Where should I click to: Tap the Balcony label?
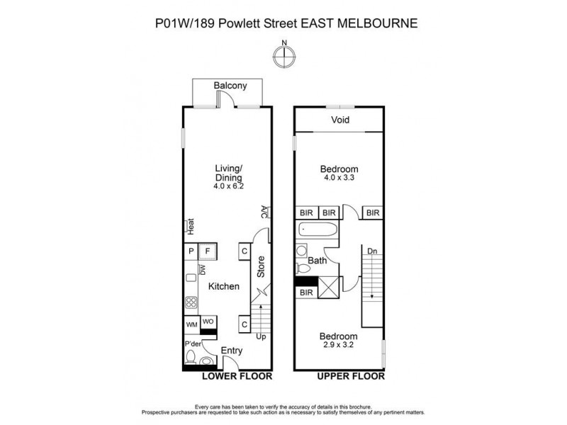tap(230, 86)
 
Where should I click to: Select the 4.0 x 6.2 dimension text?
tap(228, 187)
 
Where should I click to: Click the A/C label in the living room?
tap(263, 212)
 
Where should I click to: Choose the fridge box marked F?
tap(208, 251)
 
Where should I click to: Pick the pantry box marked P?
tap(191, 251)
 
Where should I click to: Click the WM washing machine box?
tap(191, 324)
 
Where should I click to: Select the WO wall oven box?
tap(208, 322)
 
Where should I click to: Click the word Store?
tap(260, 266)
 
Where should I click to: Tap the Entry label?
tap(232, 351)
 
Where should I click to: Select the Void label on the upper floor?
tap(340, 120)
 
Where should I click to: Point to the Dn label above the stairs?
tap(371, 249)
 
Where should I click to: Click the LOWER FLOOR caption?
tap(237, 377)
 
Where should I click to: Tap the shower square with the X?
tap(327, 289)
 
